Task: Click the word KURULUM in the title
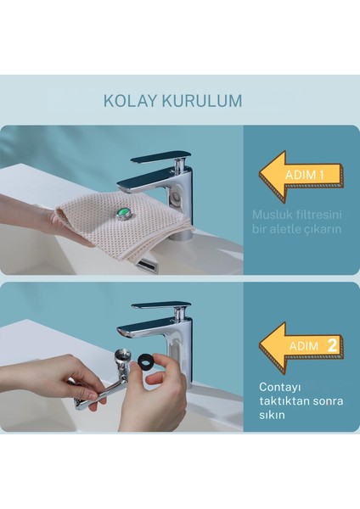(200, 100)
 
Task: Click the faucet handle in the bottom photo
(160, 306)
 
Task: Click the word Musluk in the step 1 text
(271, 215)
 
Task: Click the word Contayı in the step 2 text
(281, 386)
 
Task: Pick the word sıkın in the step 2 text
(275, 417)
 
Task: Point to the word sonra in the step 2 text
(326, 401)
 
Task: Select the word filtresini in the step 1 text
(318, 215)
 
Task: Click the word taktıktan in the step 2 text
(284, 401)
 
